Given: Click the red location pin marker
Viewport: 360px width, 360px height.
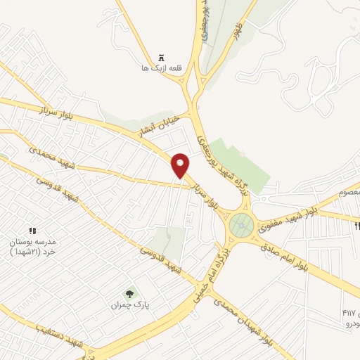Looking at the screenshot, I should coord(181,165).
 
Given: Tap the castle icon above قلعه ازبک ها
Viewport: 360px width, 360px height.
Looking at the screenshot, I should coord(161,58).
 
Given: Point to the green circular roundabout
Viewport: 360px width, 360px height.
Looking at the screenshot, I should coord(241,226).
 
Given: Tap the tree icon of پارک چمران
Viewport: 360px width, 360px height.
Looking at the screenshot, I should coord(129,294).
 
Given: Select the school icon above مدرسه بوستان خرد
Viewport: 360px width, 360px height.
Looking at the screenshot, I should coord(32,231).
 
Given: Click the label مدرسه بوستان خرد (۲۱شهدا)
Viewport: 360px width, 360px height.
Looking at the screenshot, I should coord(32,247).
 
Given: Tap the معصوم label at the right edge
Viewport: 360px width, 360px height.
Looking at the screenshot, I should coord(349,193).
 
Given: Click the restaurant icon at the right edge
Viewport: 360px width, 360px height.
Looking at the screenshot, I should coord(357,226).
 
